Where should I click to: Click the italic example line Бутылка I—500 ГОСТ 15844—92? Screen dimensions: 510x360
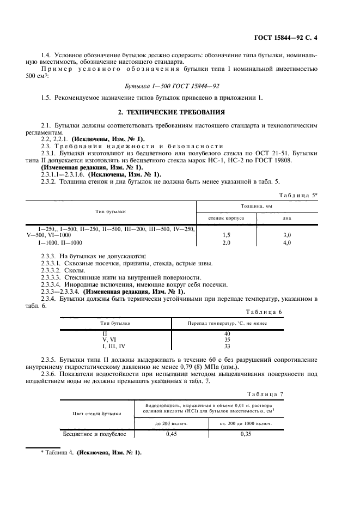click(173, 86)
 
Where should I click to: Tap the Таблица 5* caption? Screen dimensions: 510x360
click(298, 195)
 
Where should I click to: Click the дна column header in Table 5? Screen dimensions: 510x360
click(286, 217)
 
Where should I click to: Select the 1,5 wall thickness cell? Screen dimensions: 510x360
click(226, 235)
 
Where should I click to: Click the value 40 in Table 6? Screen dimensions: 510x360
click(227, 333)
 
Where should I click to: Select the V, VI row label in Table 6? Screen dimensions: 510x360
click(114, 339)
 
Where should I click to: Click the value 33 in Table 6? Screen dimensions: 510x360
click(227, 345)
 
